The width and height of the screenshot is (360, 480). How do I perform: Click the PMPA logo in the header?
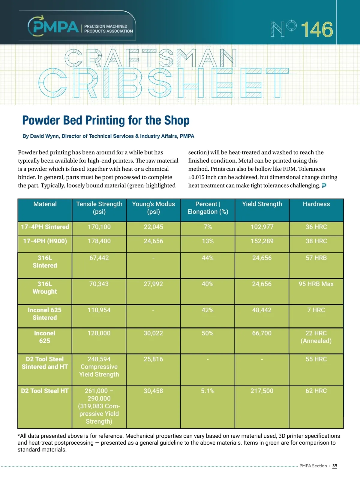pos(54,26)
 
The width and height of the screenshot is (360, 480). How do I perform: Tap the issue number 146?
pos(317,29)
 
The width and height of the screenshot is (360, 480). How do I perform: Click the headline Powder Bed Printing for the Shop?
pos(106,121)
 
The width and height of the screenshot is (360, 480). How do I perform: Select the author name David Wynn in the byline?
pos(45,136)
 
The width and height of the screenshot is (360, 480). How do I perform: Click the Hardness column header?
pos(316,204)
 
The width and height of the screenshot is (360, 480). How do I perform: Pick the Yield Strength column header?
pos(262,204)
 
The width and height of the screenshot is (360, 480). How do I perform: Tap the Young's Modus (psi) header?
pos(153,208)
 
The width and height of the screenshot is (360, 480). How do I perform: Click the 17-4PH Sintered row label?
pos(45,227)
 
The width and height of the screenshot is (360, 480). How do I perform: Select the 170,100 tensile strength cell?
pos(99,227)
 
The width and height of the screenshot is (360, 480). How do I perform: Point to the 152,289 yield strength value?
pos(262,241)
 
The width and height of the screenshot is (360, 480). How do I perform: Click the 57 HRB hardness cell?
pos(316,258)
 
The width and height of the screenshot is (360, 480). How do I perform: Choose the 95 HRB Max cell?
pos(316,284)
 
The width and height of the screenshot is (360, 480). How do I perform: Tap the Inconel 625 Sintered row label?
pos(45,314)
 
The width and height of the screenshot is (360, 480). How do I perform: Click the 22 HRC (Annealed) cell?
pos(316,337)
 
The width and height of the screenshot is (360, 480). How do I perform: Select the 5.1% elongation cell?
pos(208,391)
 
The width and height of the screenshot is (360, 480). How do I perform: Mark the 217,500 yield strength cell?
pos(262,391)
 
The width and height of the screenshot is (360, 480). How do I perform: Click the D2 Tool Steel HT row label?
pos(45,391)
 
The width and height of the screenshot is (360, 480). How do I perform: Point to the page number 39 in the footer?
pos(335,466)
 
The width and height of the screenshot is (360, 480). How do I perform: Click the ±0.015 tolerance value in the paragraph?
pos(196,177)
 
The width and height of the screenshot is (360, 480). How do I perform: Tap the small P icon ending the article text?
pos(324,186)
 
